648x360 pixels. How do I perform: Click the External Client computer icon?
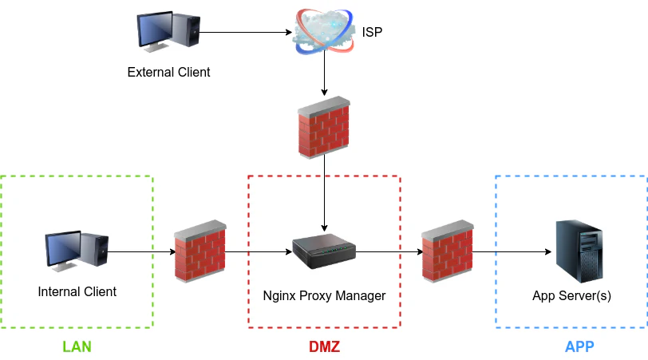(168, 31)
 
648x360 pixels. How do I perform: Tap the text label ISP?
(373, 34)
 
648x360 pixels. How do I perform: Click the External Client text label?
(168, 73)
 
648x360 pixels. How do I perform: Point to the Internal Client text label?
(77, 292)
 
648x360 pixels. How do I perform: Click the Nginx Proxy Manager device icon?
(324, 252)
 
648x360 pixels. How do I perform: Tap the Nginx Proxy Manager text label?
(324, 296)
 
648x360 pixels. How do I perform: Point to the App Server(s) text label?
(571, 296)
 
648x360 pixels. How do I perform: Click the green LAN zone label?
(77, 347)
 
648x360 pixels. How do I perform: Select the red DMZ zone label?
(324, 347)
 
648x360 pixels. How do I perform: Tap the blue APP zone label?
(579, 347)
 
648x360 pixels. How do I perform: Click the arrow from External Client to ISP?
(243, 33)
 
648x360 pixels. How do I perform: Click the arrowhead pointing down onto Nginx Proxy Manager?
(324, 225)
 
